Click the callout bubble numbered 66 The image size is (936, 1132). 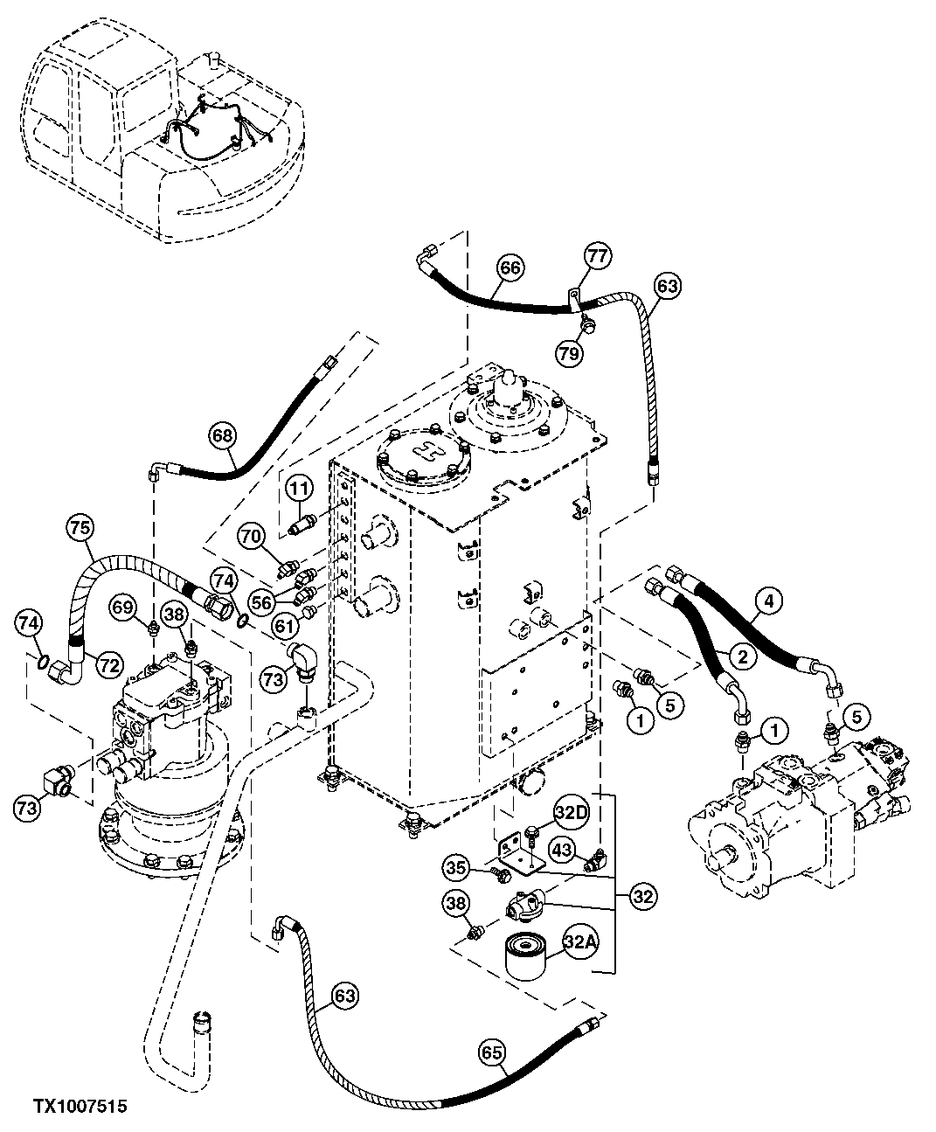coord(510,267)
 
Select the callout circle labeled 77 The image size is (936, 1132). coord(598,256)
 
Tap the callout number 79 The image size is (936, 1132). coord(569,351)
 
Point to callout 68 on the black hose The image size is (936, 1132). coord(224,434)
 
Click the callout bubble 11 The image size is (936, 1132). coord(299,489)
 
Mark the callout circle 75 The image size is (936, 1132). coord(79,528)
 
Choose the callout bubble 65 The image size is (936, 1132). coord(493,1053)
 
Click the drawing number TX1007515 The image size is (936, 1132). coord(80,1107)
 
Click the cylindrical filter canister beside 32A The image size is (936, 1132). coord(528,958)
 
